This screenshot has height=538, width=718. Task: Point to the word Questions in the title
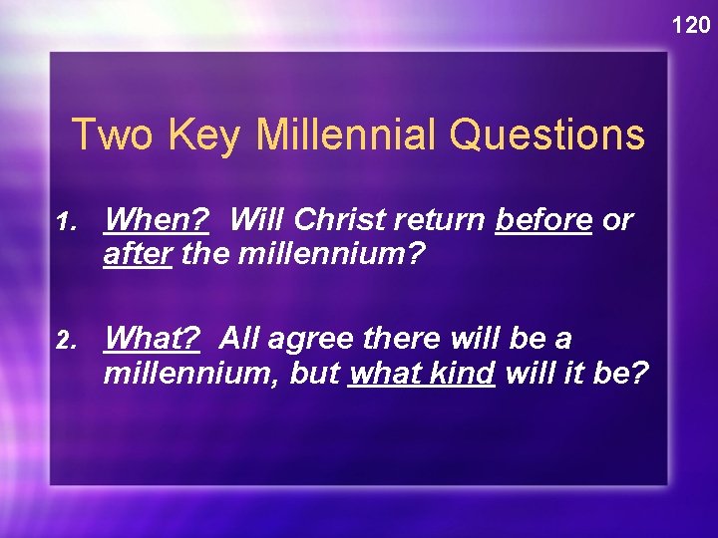(x=547, y=134)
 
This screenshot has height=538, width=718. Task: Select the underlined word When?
(x=156, y=220)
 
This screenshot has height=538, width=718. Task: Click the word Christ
(x=334, y=220)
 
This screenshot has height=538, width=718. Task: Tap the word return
(x=440, y=220)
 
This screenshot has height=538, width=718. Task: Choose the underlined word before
(x=544, y=220)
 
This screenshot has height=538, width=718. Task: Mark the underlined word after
(x=139, y=255)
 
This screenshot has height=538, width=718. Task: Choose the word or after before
(x=617, y=220)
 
